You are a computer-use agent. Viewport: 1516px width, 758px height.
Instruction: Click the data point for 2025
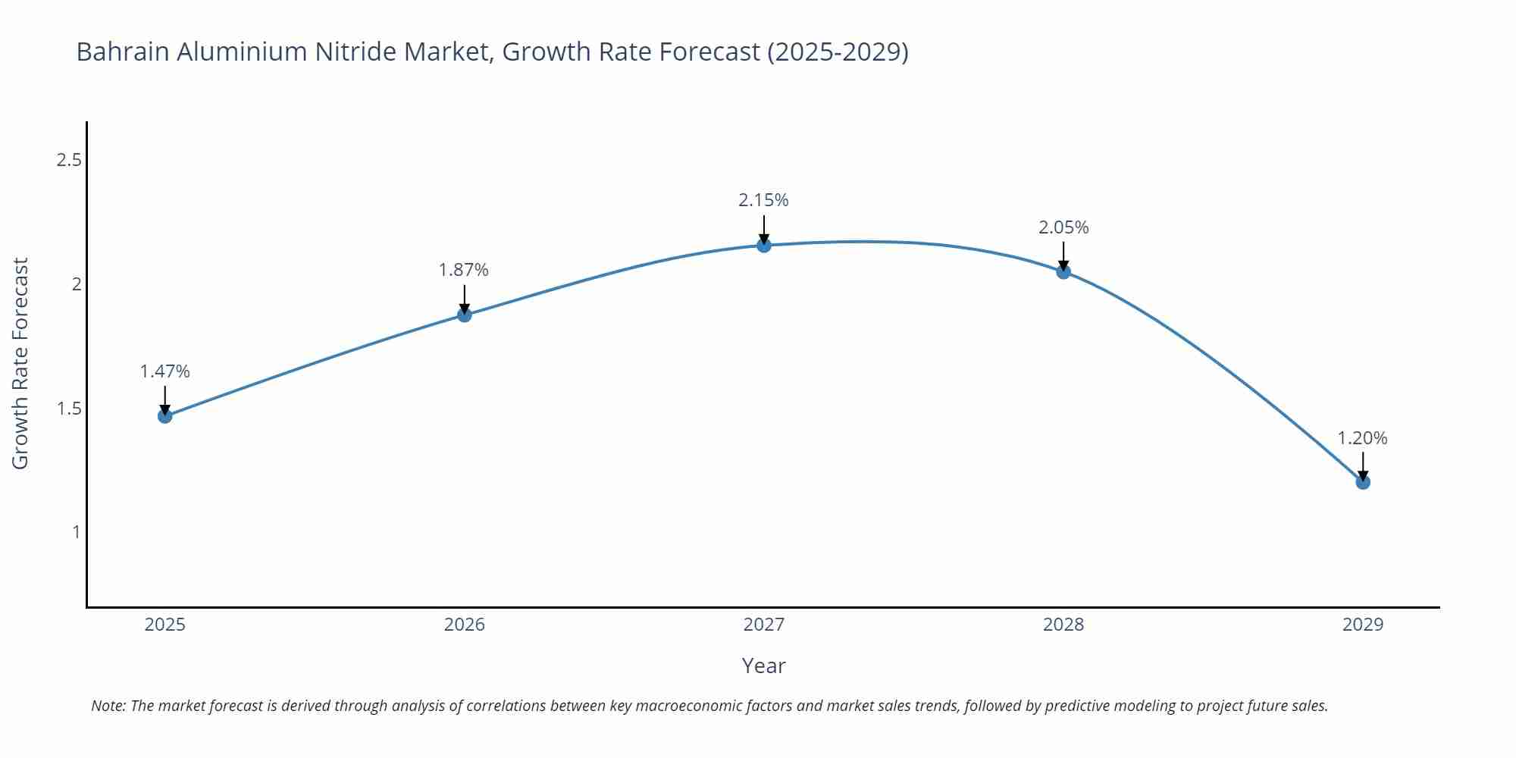165,415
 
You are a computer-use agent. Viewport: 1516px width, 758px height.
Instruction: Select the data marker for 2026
465,315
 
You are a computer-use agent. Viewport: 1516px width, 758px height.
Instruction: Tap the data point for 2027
764,245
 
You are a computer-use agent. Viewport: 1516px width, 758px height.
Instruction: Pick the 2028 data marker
1063,271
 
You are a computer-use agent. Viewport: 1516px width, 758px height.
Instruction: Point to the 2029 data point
1363,481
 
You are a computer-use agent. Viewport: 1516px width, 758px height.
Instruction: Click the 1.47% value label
165,371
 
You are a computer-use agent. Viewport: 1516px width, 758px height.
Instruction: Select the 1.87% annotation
464,270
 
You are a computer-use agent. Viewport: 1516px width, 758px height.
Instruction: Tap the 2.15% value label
763,200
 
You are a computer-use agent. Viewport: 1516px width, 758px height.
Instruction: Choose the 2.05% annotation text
1063,227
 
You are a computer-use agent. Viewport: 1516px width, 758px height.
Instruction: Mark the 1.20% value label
1362,438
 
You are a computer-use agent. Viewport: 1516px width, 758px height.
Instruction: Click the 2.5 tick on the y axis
69,160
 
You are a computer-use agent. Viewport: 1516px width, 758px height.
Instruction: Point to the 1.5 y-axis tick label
69,409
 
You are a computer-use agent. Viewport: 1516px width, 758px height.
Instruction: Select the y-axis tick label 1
76,532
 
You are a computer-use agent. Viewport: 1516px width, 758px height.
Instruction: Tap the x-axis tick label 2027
764,625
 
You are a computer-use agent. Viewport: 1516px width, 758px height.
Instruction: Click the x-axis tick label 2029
1363,625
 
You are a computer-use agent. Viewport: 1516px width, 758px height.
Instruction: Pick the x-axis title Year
763,666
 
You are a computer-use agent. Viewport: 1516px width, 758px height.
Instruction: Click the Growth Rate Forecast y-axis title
20,363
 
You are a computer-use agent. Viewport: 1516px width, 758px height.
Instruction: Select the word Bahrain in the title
123,52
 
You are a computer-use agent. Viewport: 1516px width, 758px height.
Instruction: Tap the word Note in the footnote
108,706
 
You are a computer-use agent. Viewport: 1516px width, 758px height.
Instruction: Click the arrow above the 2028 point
1063,256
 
